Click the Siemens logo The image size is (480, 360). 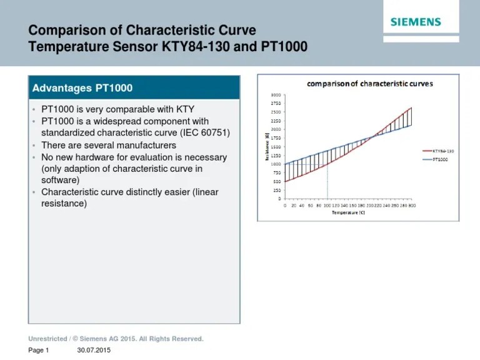tap(416, 22)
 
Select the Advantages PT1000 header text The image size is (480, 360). tap(82, 88)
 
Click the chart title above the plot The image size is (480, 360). tap(369, 83)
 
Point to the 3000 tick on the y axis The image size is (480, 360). tap(276, 94)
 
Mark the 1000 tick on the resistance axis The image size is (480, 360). tap(276, 164)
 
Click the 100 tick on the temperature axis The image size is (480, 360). tap(327, 205)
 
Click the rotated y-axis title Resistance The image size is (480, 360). tap(267, 146)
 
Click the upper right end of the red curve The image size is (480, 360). tap(411, 108)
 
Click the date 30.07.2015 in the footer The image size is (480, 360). tap(94, 351)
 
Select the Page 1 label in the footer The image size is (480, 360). tap(38, 351)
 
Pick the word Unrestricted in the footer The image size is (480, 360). tap(47, 339)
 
